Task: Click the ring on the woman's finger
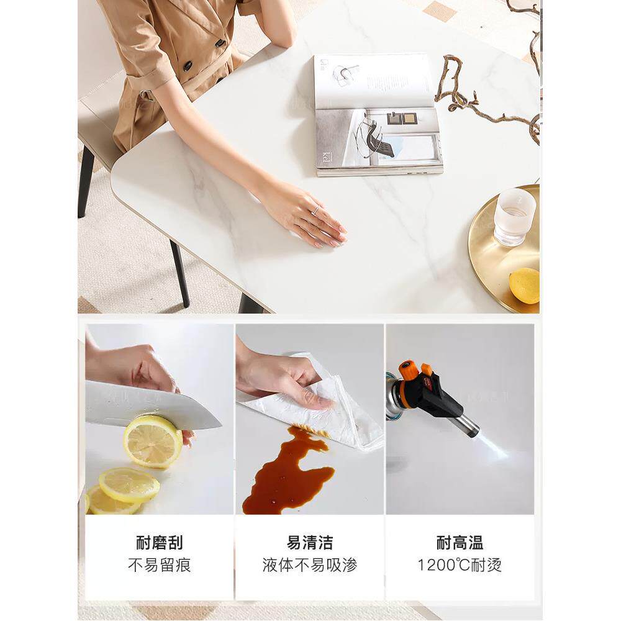click(x=316, y=211)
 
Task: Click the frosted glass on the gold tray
click(x=514, y=217)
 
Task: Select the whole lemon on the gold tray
click(x=524, y=286)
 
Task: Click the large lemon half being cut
click(x=152, y=442)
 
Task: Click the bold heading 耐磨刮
click(x=160, y=543)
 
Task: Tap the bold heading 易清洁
click(x=310, y=543)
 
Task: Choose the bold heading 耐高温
click(x=460, y=543)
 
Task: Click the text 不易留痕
click(x=160, y=565)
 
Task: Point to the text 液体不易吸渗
click(x=310, y=565)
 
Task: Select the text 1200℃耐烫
click(x=460, y=565)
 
